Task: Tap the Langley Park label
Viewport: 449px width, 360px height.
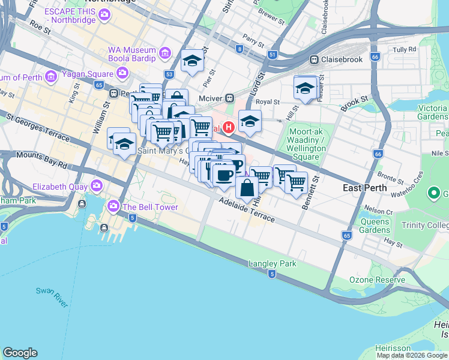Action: point(273,264)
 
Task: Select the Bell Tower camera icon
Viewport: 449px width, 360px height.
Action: point(113,207)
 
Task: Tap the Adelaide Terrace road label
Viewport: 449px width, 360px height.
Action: point(247,212)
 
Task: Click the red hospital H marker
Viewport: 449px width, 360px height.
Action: point(229,127)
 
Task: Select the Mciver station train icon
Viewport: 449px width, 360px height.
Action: point(229,98)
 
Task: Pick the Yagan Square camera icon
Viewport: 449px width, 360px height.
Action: point(123,74)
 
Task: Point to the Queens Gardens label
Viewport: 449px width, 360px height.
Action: point(375,225)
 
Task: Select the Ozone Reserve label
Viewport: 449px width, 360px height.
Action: point(369,280)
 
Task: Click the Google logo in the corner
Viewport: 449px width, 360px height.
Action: point(20,353)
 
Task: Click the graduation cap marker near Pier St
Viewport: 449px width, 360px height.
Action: point(192,61)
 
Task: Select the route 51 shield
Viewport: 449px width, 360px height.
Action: point(273,55)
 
